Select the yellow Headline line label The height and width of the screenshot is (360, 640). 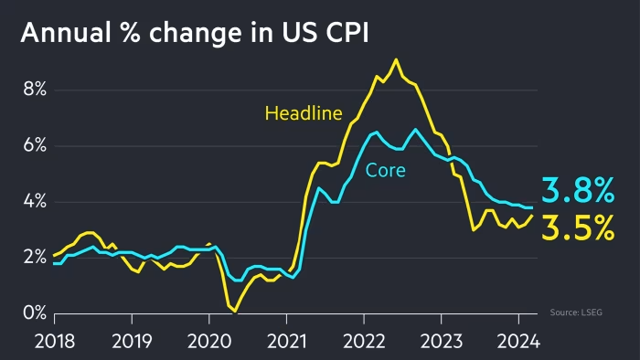(x=303, y=114)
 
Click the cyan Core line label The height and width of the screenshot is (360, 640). (x=385, y=170)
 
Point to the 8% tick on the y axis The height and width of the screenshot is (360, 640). (x=33, y=90)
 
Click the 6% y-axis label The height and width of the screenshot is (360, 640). (x=33, y=146)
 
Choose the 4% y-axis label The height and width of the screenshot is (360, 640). (x=33, y=202)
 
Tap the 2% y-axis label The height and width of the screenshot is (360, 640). (x=33, y=258)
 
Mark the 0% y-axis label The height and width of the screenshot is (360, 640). (x=33, y=313)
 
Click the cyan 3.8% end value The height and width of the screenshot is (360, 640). (x=578, y=190)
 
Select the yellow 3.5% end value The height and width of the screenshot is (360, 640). (x=578, y=228)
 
